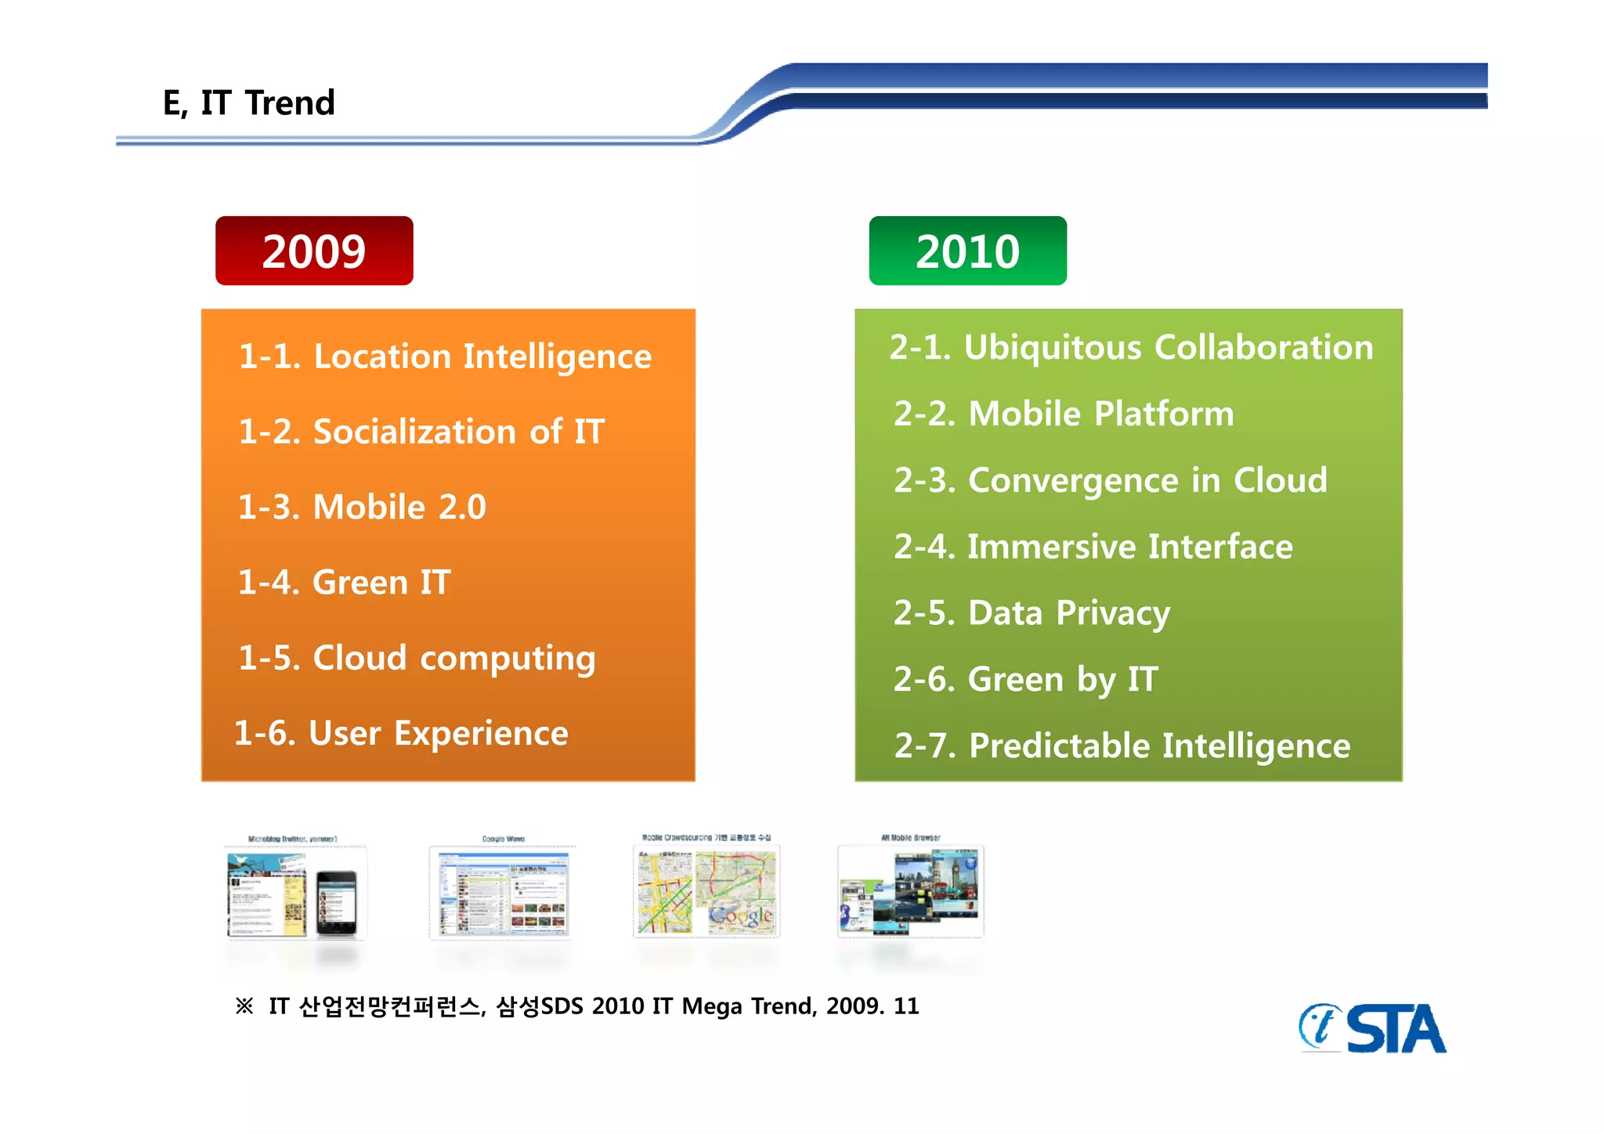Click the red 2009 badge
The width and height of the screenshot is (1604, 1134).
(x=314, y=251)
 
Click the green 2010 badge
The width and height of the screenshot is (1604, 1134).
(x=967, y=251)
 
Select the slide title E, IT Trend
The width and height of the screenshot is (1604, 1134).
(x=248, y=103)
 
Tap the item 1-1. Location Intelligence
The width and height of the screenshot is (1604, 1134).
(x=444, y=357)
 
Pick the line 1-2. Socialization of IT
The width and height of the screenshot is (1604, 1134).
(x=421, y=432)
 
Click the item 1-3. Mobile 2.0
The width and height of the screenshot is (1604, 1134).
(x=362, y=507)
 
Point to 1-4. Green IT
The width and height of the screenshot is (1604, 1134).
(x=344, y=582)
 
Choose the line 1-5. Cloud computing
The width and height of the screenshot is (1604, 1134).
(x=416, y=658)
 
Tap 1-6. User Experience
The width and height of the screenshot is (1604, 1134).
(x=401, y=733)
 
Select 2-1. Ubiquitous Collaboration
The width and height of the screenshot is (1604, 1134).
(x=1131, y=348)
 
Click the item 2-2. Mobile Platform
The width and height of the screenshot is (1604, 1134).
(x=1063, y=414)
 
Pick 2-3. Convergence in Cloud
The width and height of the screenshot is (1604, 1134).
(x=1110, y=480)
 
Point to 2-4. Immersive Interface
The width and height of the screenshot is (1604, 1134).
(x=1093, y=547)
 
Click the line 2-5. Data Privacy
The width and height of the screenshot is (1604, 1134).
(x=1031, y=613)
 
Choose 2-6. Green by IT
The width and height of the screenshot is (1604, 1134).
(x=1025, y=680)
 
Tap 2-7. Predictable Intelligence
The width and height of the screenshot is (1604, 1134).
(x=1122, y=746)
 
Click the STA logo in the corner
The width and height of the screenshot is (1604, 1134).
(x=1373, y=1028)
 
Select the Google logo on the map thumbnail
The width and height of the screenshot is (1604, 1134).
(x=740, y=916)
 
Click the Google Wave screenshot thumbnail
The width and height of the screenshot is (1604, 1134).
(x=503, y=892)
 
